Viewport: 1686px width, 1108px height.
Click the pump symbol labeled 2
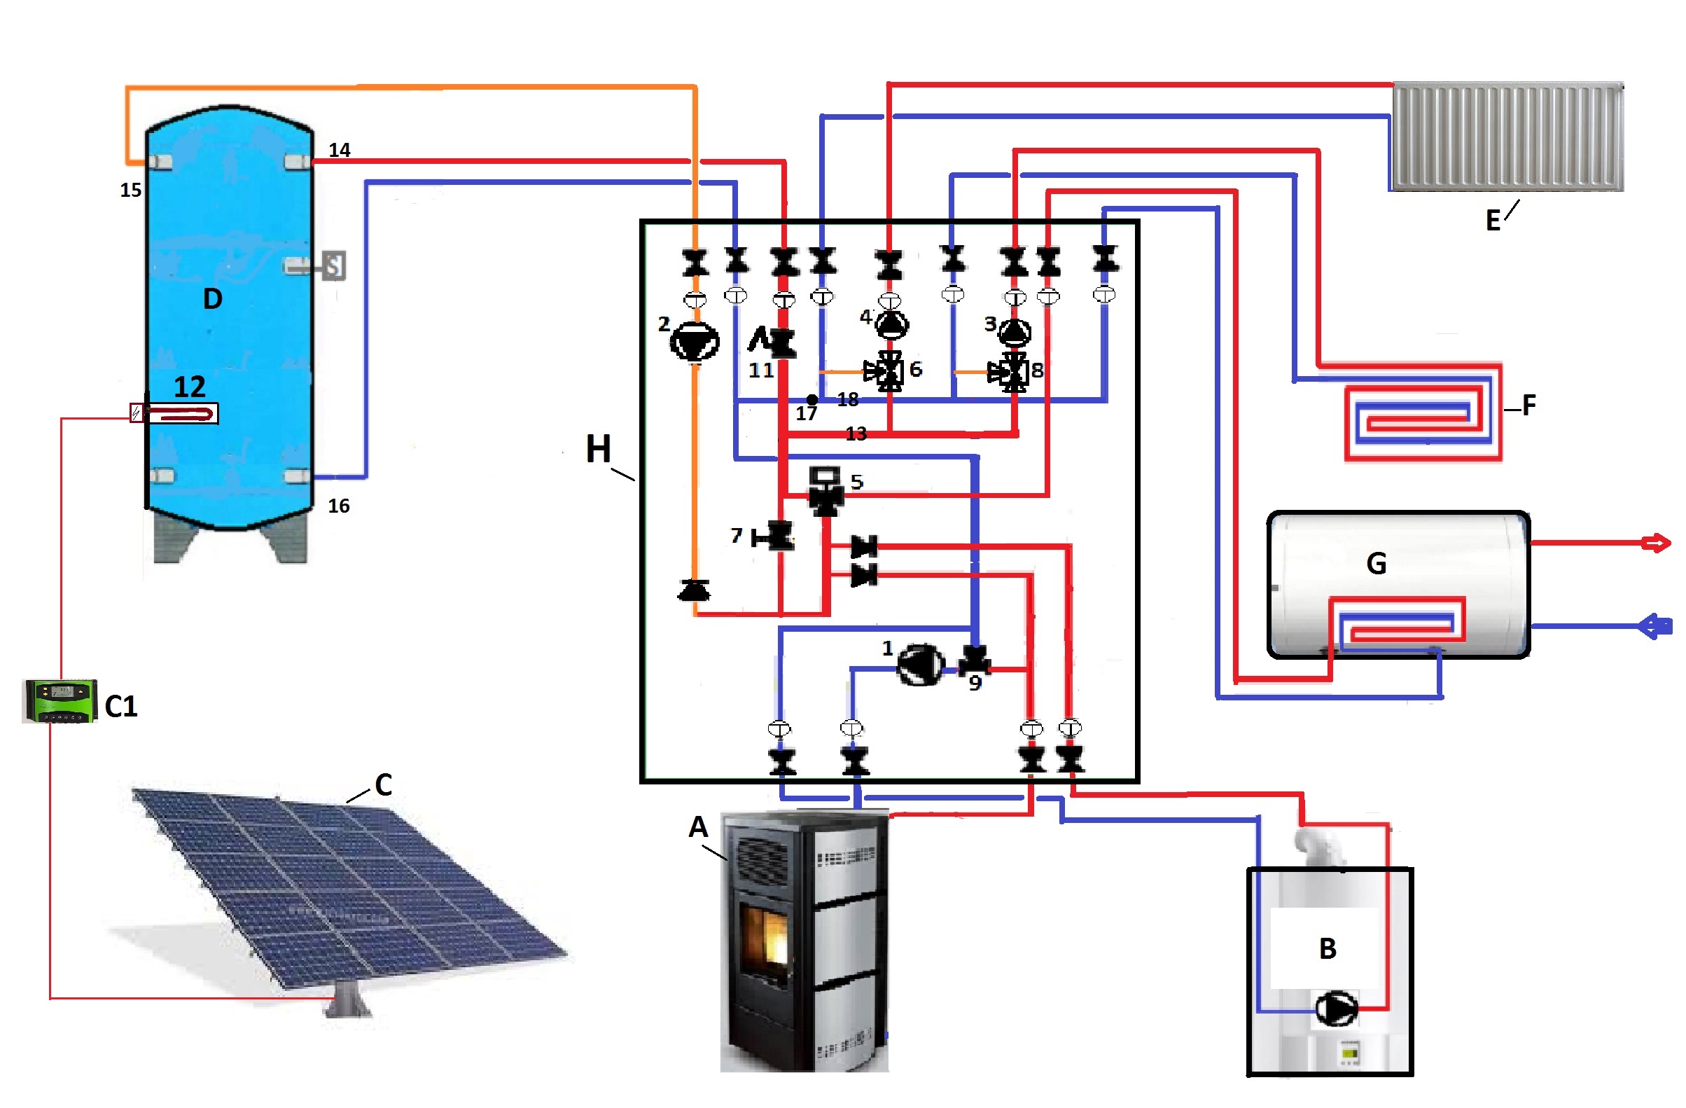695,342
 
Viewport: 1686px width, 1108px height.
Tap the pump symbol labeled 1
920,665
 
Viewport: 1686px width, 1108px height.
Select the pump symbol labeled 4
891,324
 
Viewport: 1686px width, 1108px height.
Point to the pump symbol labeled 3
1015,331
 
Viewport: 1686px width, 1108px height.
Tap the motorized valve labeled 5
825,491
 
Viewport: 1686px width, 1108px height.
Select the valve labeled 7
778,536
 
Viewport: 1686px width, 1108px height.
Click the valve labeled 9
975,661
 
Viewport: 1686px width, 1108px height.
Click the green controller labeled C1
60,700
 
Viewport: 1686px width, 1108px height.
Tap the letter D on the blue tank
213,299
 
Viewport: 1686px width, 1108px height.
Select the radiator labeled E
1507,137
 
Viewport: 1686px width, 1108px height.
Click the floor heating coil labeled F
1423,413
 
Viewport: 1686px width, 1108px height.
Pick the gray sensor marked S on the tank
334,265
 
